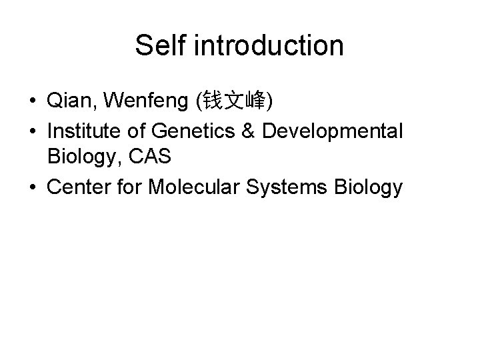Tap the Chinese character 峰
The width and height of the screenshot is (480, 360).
coord(255,102)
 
